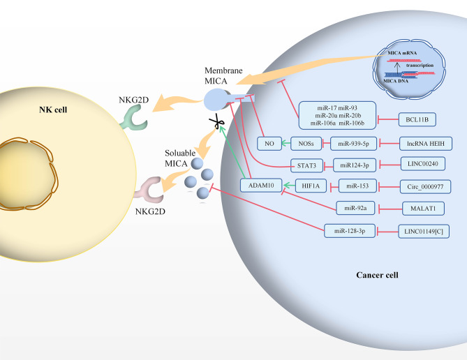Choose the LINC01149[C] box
(x=422, y=230)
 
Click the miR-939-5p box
(x=355, y=143)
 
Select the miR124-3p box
(x=355, y=165)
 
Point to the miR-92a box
(x=355, y=208)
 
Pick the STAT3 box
(x=308, y=165)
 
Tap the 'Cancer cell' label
(x=376, y=275)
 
